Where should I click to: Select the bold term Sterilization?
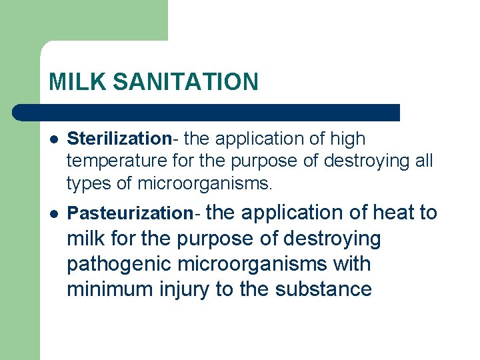pos(119,139)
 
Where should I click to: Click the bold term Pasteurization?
pos(131,213)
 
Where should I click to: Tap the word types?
pos(87,182)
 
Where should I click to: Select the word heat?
pos(395,213)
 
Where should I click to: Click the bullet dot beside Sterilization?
pos(53,139)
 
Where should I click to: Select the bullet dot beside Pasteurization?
pos(53,213)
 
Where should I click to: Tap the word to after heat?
pos(427,213)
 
